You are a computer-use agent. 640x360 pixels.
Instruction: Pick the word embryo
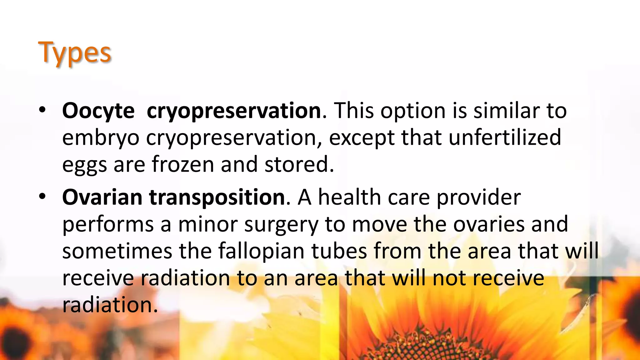click(101, 138)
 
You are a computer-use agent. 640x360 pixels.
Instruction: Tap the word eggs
click(84, 165)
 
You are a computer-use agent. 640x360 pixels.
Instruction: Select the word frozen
click(183, 164)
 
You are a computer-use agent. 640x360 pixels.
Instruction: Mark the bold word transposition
click(217, 198)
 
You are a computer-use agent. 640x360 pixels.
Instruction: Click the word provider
click(478, 198)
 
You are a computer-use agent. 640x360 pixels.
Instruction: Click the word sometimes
click(117, 251)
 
